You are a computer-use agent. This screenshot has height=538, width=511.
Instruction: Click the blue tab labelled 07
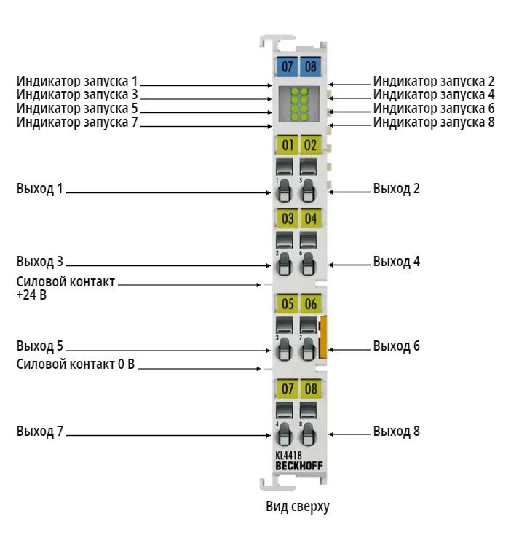287,66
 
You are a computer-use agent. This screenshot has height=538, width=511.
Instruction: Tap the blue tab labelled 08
310,66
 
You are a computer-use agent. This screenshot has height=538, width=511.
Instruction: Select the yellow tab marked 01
287,145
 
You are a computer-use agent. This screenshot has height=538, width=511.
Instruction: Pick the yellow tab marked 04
311,218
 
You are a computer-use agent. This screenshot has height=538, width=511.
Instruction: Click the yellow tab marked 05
287,303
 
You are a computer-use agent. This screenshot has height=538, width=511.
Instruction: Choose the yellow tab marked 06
311,303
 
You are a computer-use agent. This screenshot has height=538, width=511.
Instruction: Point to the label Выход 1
40,189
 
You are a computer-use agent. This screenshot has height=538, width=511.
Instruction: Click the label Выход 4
396,262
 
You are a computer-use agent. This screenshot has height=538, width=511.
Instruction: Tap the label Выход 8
396,432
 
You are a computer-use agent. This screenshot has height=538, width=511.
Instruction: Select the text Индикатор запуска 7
77,122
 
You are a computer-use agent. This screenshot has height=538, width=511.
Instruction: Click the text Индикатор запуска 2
434,82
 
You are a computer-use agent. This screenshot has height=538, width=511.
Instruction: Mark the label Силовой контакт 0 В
76,364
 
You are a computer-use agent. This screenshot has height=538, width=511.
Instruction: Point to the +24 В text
31,295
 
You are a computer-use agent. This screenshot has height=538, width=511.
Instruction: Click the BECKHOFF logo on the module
299,466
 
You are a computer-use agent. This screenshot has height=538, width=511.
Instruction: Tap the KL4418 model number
288,455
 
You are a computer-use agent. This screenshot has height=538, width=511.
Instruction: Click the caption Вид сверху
298,507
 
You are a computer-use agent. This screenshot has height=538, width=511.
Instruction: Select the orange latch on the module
323,337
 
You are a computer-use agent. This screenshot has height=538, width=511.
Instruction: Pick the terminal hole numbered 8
308,434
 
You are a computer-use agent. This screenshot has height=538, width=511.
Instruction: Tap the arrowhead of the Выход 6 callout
330,350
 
